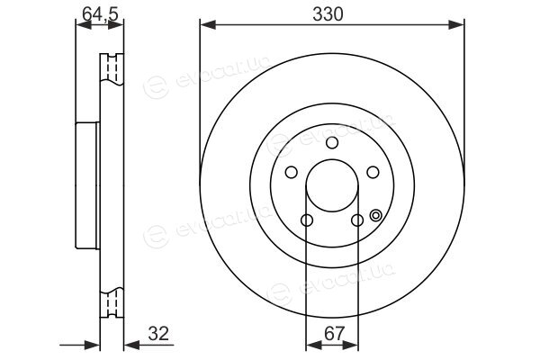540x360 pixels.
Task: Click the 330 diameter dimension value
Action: coord(328,14)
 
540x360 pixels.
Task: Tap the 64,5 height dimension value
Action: coord(100,14)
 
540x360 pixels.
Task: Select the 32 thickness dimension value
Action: coord(158,334)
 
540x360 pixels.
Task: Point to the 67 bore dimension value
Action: coord(334,334)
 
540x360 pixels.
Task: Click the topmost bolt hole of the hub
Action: coord(332,142)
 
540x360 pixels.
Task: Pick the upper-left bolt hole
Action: coord(292,172)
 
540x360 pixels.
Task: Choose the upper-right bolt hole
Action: coord(373,172)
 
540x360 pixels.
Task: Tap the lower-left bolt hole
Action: coord(307,220)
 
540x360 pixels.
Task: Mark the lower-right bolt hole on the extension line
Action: coord(357,220)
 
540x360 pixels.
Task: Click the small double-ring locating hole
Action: coord(375,216)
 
